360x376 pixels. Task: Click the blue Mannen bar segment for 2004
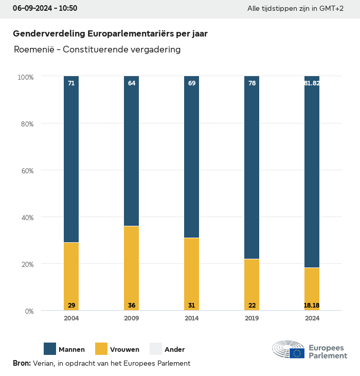pos(71,159)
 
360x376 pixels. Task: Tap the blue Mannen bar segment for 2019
pos(252,167)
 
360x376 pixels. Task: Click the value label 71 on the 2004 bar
pos(71,83)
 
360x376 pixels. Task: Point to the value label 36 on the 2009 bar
pos(132,306)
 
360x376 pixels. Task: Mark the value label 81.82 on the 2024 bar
pos(312,83)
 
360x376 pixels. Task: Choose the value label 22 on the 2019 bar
pos(252,306)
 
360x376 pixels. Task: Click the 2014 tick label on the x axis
pos(192,318)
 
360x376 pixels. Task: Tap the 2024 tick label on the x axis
pos(312,318)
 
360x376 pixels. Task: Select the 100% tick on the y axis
pos(25,77)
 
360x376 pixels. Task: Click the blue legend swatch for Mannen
pos(50,349)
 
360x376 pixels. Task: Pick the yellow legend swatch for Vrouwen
pos(101,349)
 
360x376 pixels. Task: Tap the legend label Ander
pos(174,350)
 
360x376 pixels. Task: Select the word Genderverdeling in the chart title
pos(49,33)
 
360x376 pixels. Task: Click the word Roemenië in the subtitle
pos(33,50)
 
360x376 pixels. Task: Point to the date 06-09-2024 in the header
pos(31,8)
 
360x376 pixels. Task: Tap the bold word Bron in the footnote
pos(21,363)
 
